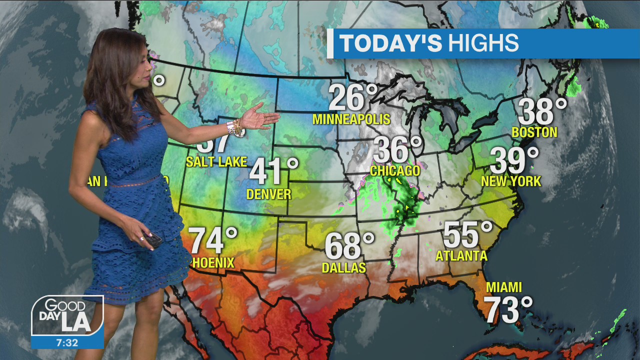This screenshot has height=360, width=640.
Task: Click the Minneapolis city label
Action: pos(351,119)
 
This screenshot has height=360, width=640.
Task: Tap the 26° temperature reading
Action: pos(353,97)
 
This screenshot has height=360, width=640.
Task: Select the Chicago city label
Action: pos(395,171)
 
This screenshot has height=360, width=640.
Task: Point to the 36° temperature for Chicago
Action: pos(398,149)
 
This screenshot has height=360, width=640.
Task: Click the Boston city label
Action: pos(534,132)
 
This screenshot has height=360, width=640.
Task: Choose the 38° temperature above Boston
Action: pos(542,111)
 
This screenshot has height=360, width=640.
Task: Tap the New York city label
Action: pos(511,181)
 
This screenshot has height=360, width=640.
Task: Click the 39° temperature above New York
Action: pos(514,160)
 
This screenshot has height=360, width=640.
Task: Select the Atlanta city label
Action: pos(461,256)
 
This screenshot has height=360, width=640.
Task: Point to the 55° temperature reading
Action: pos(468,234)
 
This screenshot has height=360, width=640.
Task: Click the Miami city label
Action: pos(504,287)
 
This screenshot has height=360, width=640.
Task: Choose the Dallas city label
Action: pos(344,268)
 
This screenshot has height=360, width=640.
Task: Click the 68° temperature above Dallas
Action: pos(349,246)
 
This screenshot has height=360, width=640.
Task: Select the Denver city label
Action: pos(269,194)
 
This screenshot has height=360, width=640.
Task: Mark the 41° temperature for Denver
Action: pos(273,171)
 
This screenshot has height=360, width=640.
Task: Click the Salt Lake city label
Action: pos(216,161)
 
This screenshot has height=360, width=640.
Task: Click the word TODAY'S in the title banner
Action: pos(390,43)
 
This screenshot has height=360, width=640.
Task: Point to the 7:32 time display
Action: pos(67,342)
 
